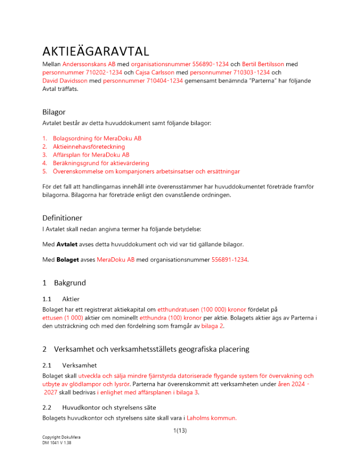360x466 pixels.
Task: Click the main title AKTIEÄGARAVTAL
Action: [96, 50]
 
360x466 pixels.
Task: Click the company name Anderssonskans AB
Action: [89, 63]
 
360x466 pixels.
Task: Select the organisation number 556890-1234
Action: [210, 63]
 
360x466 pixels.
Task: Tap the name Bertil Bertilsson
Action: [263, 63]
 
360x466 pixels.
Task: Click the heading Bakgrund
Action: [70, 283]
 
